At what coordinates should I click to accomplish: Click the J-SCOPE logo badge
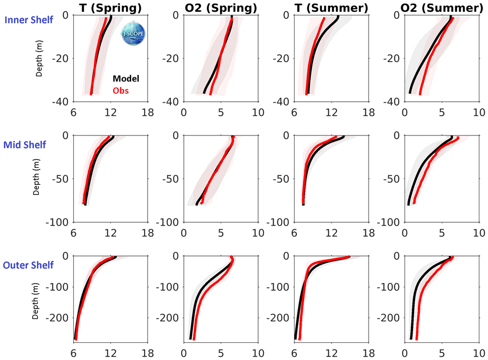(131, 33)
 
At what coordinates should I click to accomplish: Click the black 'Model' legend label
(126, 79)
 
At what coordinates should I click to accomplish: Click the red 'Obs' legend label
(121, 91)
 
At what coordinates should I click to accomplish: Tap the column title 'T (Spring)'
(111, 7)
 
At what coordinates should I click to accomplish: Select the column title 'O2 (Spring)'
(220, 7)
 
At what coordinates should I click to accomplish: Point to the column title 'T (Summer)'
(332, 7)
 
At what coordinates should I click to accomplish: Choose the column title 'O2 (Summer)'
(444, 7)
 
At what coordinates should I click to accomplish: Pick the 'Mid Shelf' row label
(25, 145)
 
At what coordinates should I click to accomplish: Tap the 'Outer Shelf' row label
(28, 265)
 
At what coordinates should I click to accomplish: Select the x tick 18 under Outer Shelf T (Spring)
(147, 354)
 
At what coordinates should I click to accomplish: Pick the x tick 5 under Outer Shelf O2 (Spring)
(221, 354)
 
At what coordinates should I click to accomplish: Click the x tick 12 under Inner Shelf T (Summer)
(332, 114)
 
